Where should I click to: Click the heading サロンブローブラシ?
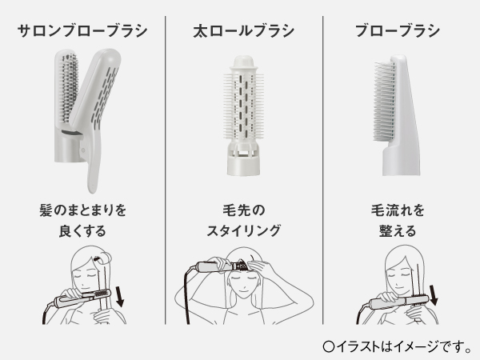82,31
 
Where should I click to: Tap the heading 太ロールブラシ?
244,31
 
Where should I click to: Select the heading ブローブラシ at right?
398,31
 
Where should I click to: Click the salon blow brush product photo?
87,121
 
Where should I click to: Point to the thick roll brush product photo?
244,116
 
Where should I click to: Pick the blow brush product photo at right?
397,115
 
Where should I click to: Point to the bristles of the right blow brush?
385,101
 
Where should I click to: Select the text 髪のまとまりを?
82,210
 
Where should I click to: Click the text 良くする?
82,231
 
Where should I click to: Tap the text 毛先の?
244,210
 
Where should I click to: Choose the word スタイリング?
244,231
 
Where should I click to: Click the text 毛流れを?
398,210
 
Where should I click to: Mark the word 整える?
398,231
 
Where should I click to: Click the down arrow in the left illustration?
119,296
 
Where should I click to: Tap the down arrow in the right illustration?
433,295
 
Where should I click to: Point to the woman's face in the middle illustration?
244,283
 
